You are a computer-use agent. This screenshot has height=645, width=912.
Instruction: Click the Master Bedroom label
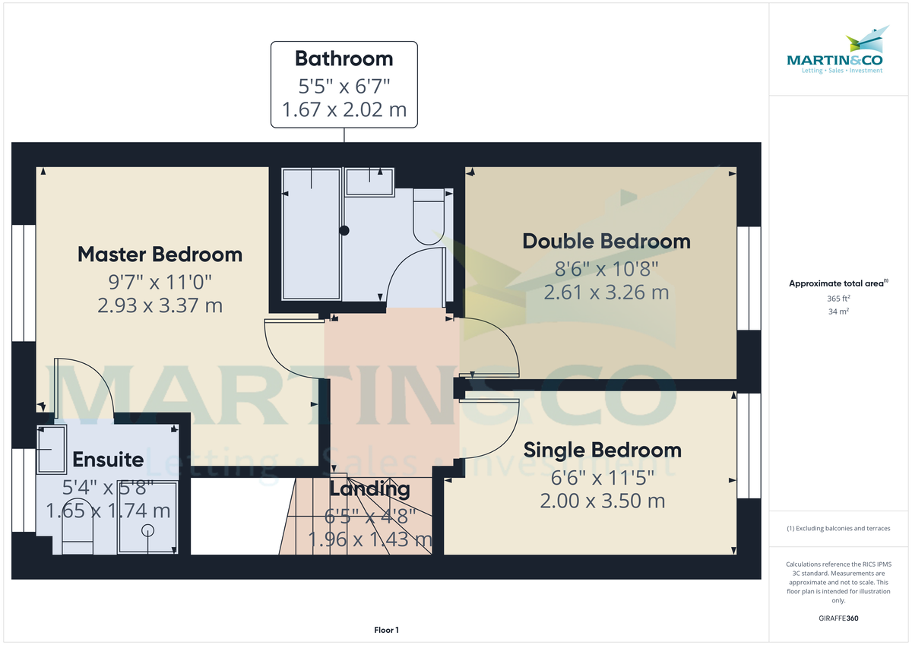160,254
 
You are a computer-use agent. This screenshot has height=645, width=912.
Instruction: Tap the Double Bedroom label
606,242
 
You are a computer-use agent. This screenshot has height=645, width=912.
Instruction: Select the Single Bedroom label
602,450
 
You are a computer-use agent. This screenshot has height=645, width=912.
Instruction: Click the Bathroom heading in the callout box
344,58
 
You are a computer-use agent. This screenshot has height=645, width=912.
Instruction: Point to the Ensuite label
108,460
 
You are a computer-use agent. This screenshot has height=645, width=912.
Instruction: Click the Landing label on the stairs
369,489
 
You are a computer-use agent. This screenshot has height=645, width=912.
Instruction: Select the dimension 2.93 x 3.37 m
160,305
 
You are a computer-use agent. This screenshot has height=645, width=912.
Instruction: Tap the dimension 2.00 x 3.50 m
602,501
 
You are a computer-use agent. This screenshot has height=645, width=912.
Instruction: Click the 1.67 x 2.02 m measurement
344,110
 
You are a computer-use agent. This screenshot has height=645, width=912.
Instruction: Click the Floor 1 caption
386,630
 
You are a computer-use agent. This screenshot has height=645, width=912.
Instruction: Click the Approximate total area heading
838,283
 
